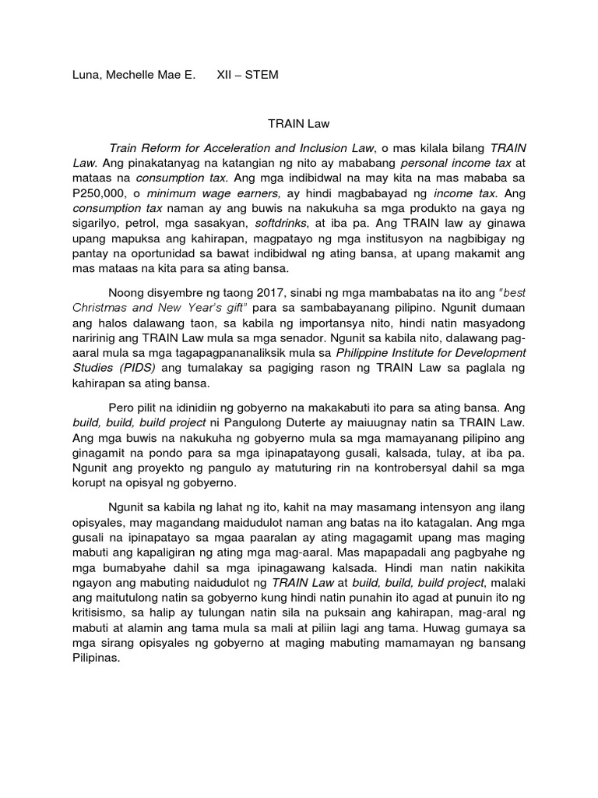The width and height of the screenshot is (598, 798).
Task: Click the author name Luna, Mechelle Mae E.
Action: pos(127,76)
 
